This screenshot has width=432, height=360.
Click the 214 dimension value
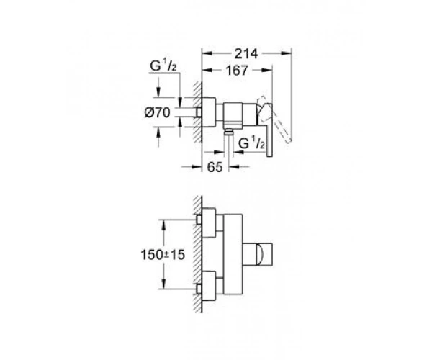[246, 54]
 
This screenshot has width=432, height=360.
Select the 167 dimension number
[237, 71]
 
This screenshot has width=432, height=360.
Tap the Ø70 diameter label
[157, 112]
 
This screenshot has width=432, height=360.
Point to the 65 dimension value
[215, 167]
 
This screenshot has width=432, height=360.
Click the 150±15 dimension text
[163, 255]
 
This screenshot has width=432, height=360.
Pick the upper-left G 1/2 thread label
[163, 66]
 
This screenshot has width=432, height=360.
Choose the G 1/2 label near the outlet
[251, 143]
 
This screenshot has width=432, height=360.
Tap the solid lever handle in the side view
[266, 130]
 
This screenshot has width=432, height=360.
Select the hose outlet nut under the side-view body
[228, 133]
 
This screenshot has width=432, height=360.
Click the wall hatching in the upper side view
[197, 112]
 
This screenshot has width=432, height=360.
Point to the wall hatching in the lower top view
[197, 254]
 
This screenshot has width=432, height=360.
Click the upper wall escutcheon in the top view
[209, 222]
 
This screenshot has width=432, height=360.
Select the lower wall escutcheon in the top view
[209, 286]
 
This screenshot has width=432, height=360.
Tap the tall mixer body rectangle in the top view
[233, 254]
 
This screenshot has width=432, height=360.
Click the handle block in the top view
[258, 254]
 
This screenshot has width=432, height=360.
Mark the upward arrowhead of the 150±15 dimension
[163, 225]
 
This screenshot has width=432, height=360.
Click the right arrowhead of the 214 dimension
[286, 53]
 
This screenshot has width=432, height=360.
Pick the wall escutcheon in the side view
[209, 112]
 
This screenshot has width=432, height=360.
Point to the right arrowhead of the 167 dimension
[267, 71]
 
